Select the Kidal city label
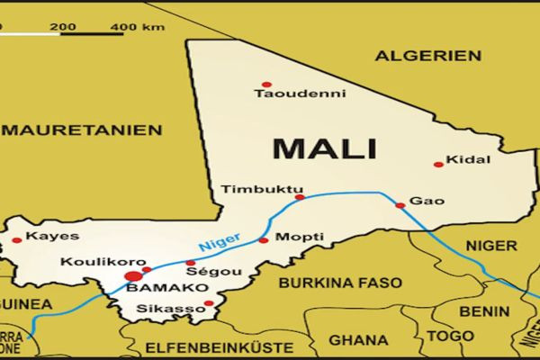(x=472, y=159)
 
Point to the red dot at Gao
(x=400, y=205)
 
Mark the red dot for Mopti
(x=263, y=240)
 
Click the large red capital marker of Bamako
(x=134, y=275)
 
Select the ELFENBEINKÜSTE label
(x=208, y=346)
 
